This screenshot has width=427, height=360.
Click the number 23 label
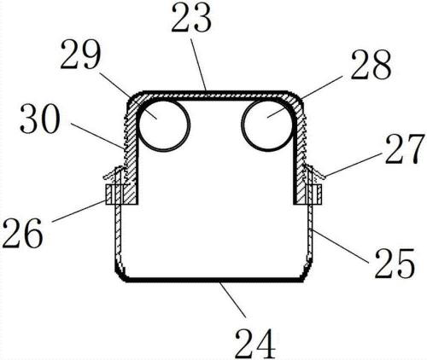point(191,17)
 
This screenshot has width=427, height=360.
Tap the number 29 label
point(80,55)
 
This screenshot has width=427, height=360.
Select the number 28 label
point(371,65)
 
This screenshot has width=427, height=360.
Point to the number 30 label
point(40,119)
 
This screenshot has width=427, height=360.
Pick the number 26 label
point(23,233)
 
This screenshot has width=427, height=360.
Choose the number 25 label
point(395,263)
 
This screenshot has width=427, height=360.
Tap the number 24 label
point(255,344)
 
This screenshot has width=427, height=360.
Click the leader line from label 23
point(198,65)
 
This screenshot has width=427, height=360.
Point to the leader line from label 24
point(232,299)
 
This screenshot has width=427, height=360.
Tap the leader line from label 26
point(79,211)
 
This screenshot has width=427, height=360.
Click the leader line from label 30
point(97,136)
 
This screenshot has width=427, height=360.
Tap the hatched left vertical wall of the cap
point(132,154)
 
